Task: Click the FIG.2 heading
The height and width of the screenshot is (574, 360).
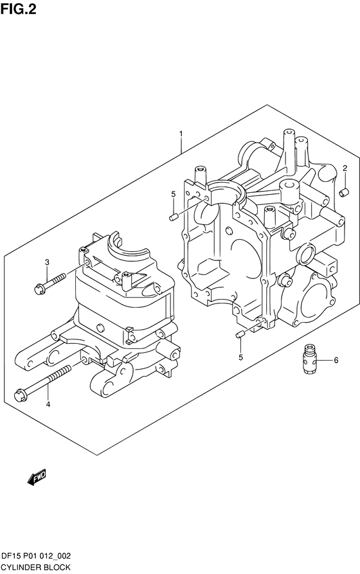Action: tap(18, 9)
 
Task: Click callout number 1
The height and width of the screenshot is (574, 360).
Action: tap(180, 134)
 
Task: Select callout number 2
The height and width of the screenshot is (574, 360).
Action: tap(345, 168)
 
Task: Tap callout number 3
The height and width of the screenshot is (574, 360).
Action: tap(47, 262)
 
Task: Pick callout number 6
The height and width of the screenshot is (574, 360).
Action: tap(336, 360)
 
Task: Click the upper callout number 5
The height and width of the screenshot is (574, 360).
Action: tap(174, 194)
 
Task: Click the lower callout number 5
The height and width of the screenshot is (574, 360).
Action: tap(240, 357)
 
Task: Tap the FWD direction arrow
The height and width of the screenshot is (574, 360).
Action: tap(37, 477)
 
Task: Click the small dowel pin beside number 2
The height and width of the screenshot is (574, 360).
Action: tap(345, 192)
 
